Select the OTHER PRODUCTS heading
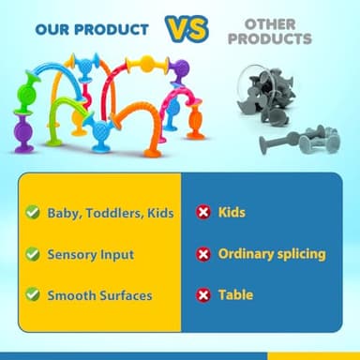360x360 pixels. coord(271,32)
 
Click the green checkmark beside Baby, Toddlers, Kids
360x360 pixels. coord(32,213)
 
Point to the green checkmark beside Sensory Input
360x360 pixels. coord(32,254)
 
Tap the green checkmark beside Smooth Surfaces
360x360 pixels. coord(32,295)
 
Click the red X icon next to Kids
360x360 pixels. coord(202,213)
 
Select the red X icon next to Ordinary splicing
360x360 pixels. coord(202,254)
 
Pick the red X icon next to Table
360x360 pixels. coord(202,295)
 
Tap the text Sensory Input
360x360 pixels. coord(91,254)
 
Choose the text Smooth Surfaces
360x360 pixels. coord(99,295)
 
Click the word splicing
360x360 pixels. coord(298,254)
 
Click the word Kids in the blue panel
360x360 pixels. coord(232,213)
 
